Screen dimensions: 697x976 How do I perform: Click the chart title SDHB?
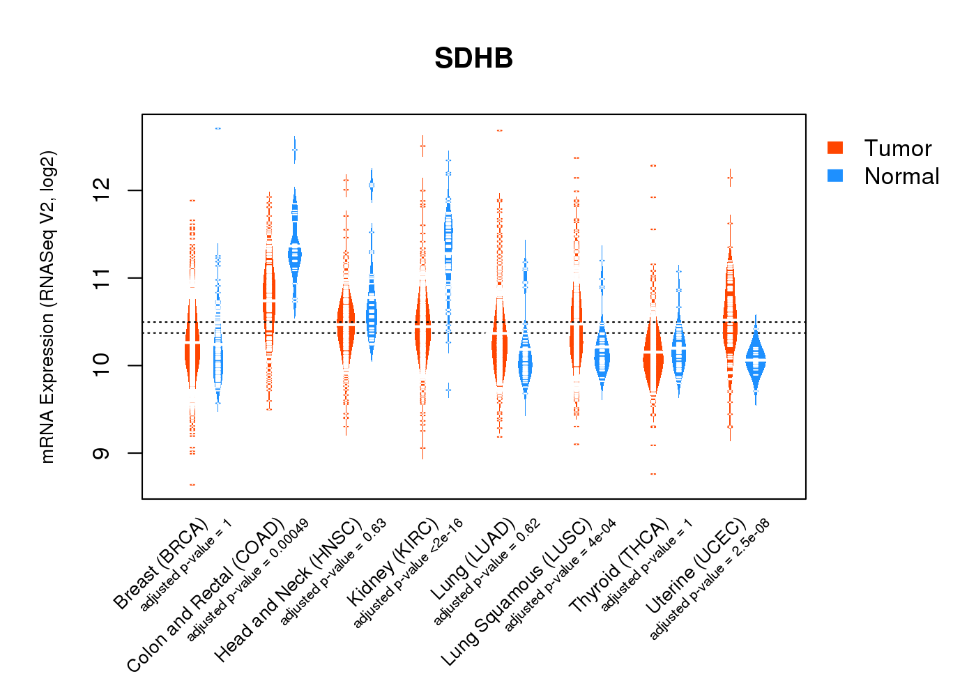pos(473,59)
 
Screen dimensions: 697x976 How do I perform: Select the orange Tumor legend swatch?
pos(834,148)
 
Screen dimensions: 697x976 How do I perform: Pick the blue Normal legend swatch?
pos(834,176)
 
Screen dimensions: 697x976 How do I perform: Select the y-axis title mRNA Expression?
pos(47,307)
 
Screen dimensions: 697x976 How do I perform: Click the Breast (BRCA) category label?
pos(160,564)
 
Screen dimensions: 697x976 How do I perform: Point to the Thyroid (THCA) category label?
pos(618,566)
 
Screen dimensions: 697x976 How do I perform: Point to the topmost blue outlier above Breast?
pos(218,128)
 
